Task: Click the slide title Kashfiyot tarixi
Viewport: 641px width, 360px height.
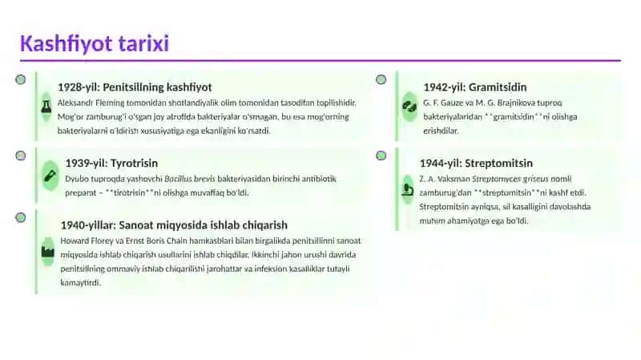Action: [x=95, y=43]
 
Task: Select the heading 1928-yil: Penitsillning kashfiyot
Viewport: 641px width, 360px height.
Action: [x=135, y=87]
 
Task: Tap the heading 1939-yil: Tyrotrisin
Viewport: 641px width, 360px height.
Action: [x=111, y=164]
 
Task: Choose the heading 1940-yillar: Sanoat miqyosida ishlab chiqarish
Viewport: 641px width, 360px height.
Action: [x=174, y=225]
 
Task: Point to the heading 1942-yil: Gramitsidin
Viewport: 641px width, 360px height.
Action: [x=475, y=87]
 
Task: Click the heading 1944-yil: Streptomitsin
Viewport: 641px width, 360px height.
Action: [x=476, y=164]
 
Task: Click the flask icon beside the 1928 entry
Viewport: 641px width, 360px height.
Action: [x=46, y=107]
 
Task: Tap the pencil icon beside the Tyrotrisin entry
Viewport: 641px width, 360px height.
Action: [x=50, y=176]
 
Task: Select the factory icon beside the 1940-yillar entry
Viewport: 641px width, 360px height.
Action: [x=48, y=251]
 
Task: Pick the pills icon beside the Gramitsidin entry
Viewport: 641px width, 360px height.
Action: [x=409, y=107]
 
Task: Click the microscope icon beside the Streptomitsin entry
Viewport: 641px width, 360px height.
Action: [x=408, y=189]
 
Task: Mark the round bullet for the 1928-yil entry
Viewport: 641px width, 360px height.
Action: [x=21, y=79]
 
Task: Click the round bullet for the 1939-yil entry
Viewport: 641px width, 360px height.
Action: [x=21, y=156]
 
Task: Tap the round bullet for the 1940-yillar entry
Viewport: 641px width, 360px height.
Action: [x=21, y=217]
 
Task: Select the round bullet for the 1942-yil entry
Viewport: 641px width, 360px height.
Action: [x=381, y=79]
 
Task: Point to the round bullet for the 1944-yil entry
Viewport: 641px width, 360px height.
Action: [x=381, y=156]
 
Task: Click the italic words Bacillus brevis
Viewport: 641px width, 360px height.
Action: [x=190, y=179]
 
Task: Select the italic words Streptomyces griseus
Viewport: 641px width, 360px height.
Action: [x=510, y=179]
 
